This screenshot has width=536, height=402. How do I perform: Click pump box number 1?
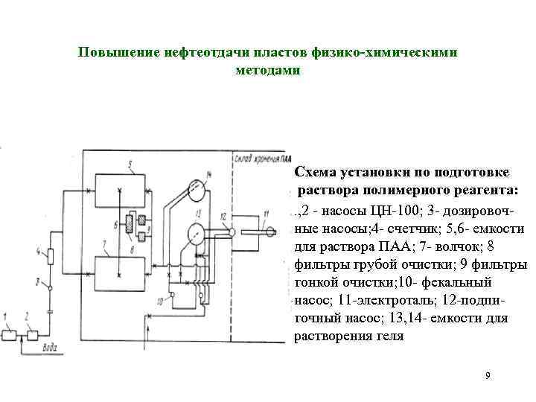point(10,334)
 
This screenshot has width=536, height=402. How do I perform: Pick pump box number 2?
point(32,334)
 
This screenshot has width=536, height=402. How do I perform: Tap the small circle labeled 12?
point(232,232)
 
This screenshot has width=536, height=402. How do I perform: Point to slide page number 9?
point(487,375)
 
